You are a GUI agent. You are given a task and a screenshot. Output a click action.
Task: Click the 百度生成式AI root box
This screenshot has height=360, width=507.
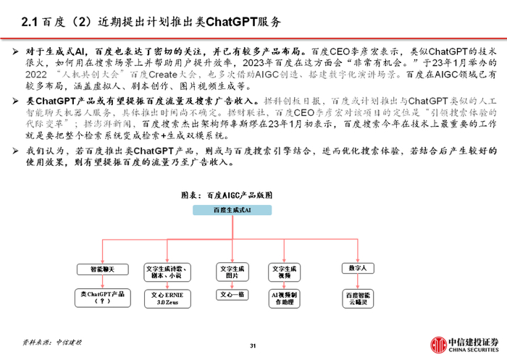tap(232, 209)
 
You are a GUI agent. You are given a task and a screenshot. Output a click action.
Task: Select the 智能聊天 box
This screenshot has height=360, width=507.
tap(101, 269)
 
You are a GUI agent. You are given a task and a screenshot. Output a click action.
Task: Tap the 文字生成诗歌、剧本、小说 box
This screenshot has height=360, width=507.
tap(167, 272)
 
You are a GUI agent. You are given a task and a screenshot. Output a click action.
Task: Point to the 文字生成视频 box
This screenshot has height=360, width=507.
tap(285, 272)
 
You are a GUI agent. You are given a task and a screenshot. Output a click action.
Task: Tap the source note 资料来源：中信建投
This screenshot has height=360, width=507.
tap(52, 340)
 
